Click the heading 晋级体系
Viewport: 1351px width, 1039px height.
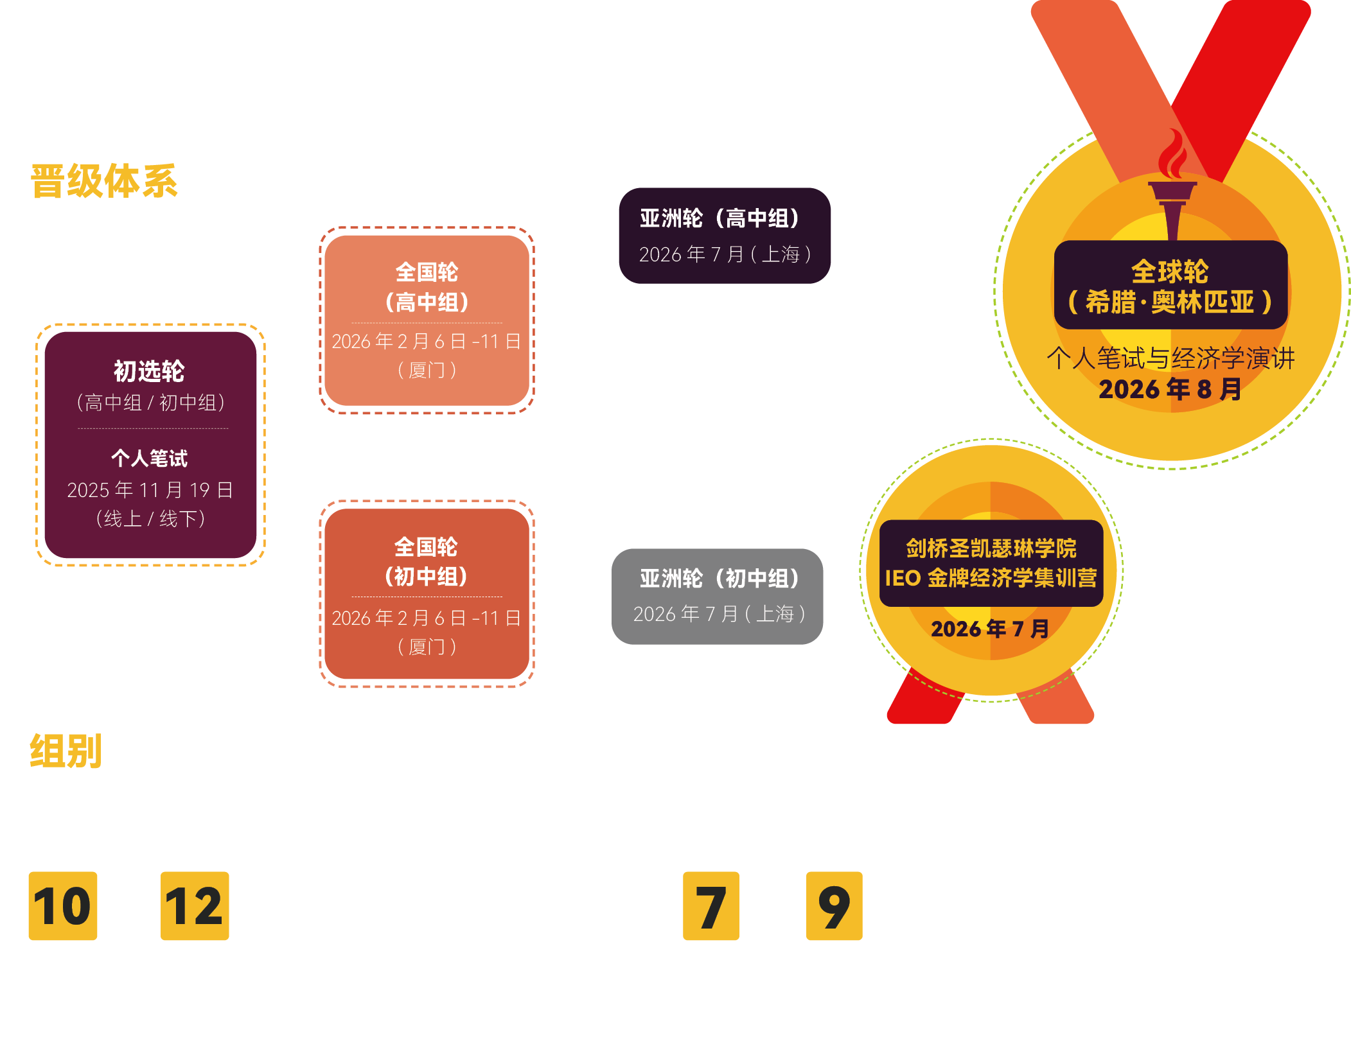tap(104, 181)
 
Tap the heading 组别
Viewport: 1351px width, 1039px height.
tap(66, 751)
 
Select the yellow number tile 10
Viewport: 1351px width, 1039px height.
tap(63, 906)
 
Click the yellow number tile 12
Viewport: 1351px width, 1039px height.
tap(195, 906)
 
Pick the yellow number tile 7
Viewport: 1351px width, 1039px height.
tap(711, 906)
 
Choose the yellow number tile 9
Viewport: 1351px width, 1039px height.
tap(834, 906)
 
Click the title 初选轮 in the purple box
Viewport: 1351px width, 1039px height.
tap(149, 371)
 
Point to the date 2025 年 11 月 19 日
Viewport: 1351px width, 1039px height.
tap(150, 490)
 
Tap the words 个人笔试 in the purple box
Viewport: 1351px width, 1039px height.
tap(149, 458)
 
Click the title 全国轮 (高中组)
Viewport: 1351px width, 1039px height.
tap(427, 287)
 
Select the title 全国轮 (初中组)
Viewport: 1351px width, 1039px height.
tap(426, 561)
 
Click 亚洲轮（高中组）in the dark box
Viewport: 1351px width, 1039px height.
tap(720, 218)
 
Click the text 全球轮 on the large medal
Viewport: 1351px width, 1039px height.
tap(1170, 272)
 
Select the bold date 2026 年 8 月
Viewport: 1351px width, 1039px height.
tap(1170, 389)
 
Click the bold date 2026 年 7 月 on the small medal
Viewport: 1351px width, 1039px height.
tap(990, 629)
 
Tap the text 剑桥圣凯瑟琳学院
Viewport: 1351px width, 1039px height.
tap(991, 548)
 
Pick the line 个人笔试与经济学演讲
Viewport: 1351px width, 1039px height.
tap(1170, 358)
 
